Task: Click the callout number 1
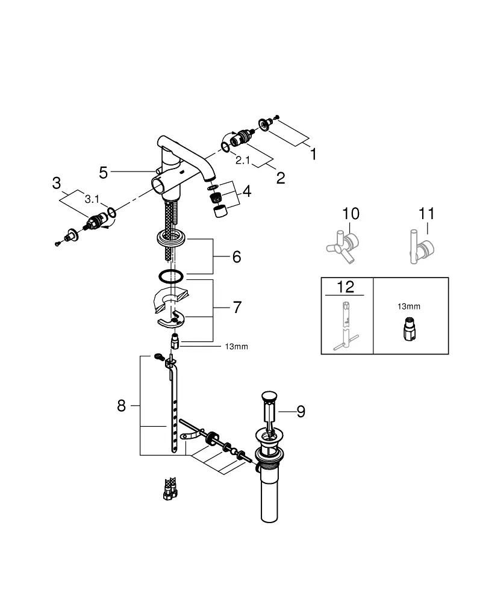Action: pos(313,154)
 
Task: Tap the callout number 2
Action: pos(281,178)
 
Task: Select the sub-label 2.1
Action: pos(243,160)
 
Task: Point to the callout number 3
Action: pos(57,183)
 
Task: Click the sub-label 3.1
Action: pos(92,199)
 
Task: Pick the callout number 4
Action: pos(246,191)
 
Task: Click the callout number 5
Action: pos(104,173)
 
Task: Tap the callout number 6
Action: pos(237,257)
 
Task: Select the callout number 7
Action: pos(237,308)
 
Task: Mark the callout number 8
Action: pos(122,405)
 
